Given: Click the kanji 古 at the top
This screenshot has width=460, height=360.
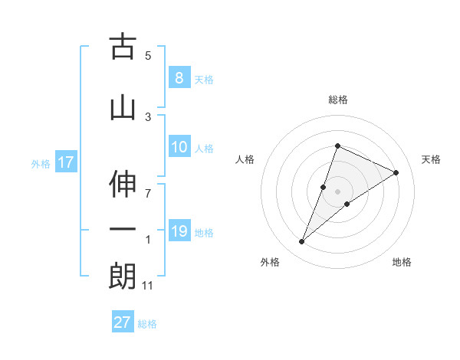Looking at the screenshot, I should tap(123, 47).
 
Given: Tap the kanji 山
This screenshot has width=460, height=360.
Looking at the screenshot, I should tap(123, 108).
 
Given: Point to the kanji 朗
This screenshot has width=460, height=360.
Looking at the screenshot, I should tap(123, 276).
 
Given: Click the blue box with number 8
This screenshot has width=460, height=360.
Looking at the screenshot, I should tap(179, 78).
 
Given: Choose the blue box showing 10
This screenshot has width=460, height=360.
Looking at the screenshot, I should tap(179, 147).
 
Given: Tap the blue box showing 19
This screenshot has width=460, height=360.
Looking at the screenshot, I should tap(179, 231).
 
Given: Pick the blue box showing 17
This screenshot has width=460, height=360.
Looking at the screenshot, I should tap(65, 162).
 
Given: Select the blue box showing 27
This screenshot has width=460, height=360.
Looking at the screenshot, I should tap(122, 322).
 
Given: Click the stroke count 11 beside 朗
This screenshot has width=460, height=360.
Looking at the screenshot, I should tap(149, 286).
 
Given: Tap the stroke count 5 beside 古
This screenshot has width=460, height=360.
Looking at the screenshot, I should tap(148, 56).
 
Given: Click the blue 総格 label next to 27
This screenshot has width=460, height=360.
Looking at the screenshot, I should tap(147, 324).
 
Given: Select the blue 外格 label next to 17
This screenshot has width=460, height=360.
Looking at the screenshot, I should tap(40, 163).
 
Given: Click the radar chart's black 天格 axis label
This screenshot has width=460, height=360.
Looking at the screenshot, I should tap(431, 159).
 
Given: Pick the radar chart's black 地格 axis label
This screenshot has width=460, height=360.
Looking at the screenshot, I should tap(402, 262).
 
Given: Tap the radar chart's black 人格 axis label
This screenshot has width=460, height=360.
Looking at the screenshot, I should tap(245, 159).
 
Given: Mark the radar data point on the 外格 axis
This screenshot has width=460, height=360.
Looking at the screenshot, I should tap(301, 242).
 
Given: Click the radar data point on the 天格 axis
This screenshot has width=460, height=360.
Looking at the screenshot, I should tap(396, 172).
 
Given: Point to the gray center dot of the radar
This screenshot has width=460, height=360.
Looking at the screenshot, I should tap(337, 191).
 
